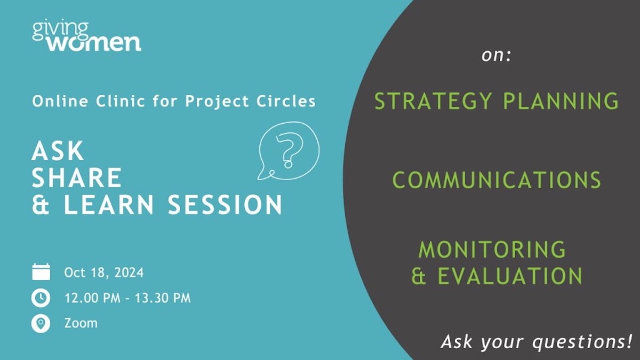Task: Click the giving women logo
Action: coord(86,37)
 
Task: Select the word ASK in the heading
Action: coord(58,151)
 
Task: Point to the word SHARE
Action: coord(77,178)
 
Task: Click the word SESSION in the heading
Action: coord(225,205)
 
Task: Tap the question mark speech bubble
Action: coord(289,151)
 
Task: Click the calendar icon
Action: coord(41,271)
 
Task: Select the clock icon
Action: coord(41,298)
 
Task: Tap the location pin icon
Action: coord(41,324)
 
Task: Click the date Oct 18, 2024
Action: coord(104,273)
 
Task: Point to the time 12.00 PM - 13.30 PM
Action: coord(127,298)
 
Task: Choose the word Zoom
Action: coord(81,323)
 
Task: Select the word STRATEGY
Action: coord(433,101)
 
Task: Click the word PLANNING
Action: coord(561,101)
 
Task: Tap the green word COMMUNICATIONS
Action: coord(497,180)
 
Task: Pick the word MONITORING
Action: coord(492,250)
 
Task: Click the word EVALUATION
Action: coord(510,276)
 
